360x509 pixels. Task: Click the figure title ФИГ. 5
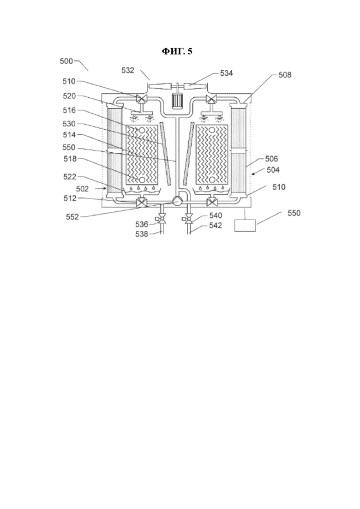(177, 51)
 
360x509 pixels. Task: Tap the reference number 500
(66, 61)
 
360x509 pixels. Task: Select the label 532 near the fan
(127, 71)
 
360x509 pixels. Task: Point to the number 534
(226, 73)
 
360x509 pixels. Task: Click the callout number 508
(285, 75)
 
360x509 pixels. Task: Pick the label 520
(69, 96)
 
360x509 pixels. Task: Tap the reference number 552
(72, 217)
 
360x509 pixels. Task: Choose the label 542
(215, 225)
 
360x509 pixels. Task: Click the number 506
(271, 159)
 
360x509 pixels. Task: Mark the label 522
(70, 177)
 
